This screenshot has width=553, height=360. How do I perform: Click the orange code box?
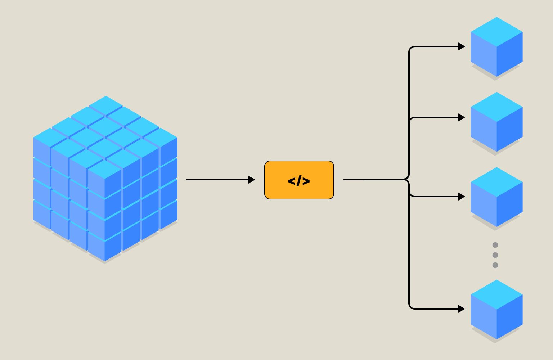click(299, 180)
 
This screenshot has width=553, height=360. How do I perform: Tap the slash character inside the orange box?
click(299, 181)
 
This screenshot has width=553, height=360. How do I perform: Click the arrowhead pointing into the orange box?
click(252, 180)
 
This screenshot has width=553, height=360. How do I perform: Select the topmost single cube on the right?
click(496, 47)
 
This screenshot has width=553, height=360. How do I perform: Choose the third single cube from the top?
click(496, 197)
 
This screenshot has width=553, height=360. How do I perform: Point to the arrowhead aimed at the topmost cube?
click(461, 46)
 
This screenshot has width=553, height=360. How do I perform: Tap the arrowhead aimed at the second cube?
click(461, 117)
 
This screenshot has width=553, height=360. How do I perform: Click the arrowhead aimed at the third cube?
click(461, 197)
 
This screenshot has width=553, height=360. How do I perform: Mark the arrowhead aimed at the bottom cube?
click(461, 309)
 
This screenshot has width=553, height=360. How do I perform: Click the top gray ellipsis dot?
click(495, 245)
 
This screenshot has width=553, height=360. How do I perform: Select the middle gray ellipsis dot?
click(495, 255)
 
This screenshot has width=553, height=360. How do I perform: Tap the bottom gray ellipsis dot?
click(495, 265)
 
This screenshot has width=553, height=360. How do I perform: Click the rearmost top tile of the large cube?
click(106, 105)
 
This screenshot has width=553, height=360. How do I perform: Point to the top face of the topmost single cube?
click(496, 32)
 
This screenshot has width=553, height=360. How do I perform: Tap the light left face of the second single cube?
click(484, 130)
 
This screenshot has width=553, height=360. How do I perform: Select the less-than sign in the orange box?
click(292, 181)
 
